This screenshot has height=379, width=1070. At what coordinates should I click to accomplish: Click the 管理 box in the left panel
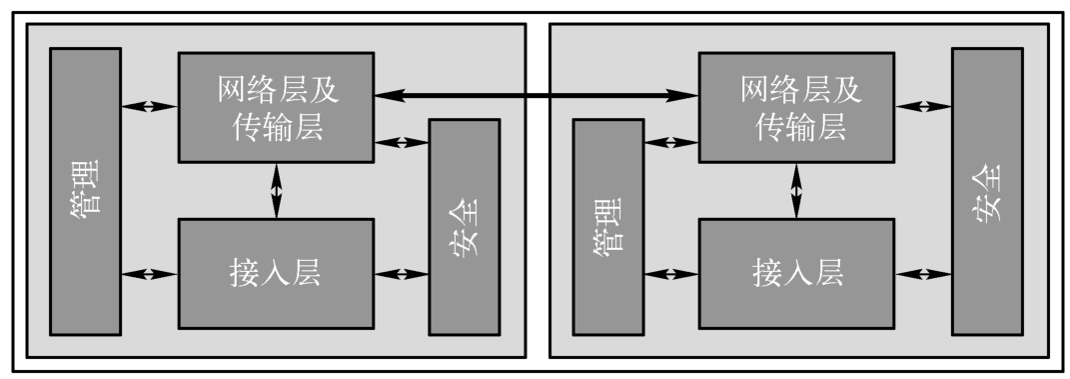tap(85, 191)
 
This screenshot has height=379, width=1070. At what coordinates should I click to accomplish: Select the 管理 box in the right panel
tap(608, 227)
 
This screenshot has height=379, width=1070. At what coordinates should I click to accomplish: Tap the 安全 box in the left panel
tap(464, 227)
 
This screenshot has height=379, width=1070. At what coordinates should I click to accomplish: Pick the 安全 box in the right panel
tap(987, 191)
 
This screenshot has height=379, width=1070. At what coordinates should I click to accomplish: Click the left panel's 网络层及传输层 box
tap(277, 107)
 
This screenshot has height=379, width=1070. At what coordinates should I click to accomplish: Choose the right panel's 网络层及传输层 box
tap(796, 107)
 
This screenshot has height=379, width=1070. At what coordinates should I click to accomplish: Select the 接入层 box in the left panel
tap(277, 273)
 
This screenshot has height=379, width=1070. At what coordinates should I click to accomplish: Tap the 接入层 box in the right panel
tap(796, 273)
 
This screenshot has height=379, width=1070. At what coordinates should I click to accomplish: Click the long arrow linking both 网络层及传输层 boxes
tap(536, 96)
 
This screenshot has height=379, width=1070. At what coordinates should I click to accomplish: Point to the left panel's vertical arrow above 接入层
tap(277, 191)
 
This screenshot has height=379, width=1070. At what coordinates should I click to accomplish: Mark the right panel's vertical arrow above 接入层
tap(796, 191)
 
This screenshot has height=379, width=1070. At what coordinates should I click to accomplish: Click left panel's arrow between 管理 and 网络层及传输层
tap(150, 106)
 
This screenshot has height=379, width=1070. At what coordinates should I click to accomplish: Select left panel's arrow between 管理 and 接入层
tap(150, 274)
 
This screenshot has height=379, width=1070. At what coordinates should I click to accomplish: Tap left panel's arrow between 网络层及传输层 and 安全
tap(402, 142)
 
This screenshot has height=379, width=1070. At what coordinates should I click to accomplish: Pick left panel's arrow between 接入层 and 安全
tap(402, 274)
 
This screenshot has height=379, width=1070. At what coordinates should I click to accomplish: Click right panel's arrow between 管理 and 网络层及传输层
tap(670, 142)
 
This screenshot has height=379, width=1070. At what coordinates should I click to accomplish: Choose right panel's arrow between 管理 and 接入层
tap(670, 274)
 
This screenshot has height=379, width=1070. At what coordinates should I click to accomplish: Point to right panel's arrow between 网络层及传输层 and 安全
tap(922, 106)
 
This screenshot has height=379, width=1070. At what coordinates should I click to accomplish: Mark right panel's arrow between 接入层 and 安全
tap(922, 274)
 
